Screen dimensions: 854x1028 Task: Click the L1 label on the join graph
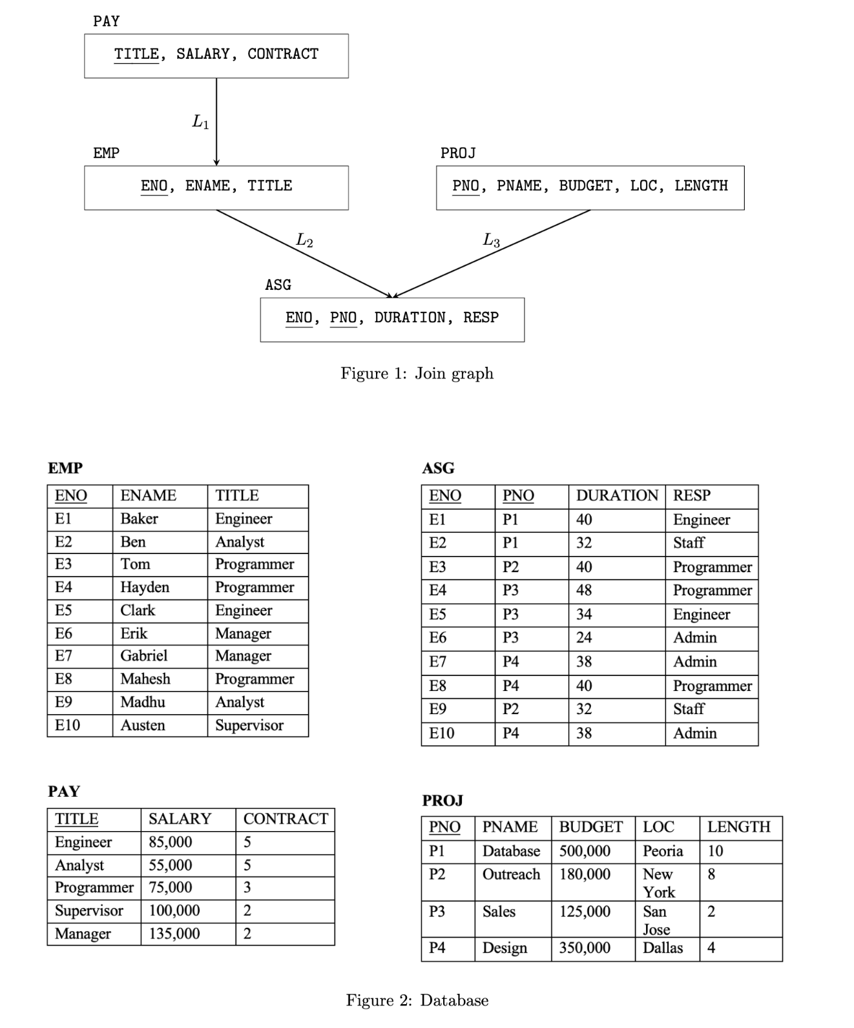(x=201, y=121)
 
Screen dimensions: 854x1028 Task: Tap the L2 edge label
(x=304, y=240)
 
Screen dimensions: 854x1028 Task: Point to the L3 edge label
(x=492, y=241)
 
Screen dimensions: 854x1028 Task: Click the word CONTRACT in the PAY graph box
(x=283, y=54)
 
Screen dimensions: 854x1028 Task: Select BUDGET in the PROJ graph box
(x=585, y=186)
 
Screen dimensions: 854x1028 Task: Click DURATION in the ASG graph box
(x=410, y=318)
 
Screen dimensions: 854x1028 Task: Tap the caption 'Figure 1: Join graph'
(x=417, y=373)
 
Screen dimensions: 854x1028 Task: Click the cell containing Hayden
(x=145, y=587)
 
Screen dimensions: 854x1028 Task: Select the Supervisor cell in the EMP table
(x=249, y=725)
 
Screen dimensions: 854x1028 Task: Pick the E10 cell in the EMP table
(x=68, y=725)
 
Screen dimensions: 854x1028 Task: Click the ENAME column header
(x=148, y=495)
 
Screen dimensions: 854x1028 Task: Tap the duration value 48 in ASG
(x=584, y=590)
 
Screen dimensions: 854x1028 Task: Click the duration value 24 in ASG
(x=584, y=637)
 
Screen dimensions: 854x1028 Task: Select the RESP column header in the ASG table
(x=692, y=495)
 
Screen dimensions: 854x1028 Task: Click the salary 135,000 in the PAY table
(x=174, y=934)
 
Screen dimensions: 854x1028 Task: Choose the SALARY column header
(x=180, y=819)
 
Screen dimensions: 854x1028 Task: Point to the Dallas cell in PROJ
(x=663, y=948)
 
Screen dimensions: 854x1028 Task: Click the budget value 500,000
(x=585, y=851)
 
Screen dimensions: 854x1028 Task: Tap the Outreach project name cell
(x=511, y=874)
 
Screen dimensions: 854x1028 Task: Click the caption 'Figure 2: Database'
(x=417, y=1000)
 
